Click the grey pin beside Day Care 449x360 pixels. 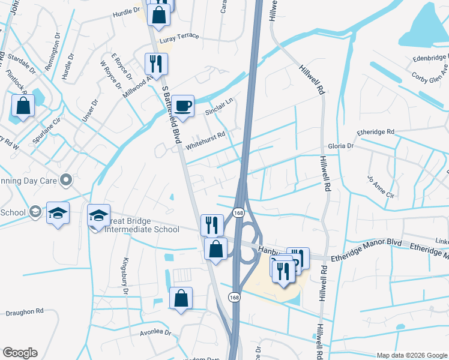pos(67,178)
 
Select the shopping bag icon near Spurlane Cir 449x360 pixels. pos(23,106)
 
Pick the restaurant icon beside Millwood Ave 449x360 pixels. pos(156,63)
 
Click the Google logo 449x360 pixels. pos(20,353)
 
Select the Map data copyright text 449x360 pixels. pos(411,355)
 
